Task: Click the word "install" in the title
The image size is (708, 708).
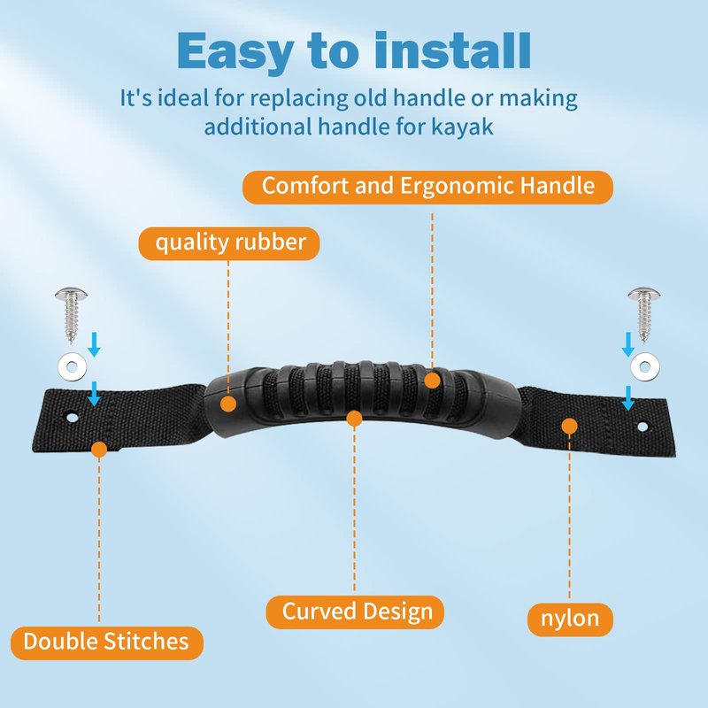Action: click(x=452, y=50)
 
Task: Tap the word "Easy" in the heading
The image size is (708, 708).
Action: click(x=235, y=52)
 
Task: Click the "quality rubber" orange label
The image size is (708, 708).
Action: click(x=229, y=243)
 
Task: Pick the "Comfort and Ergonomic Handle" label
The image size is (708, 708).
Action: click(x=427, y=187)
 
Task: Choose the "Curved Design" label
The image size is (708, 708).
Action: click(x=355, y=612)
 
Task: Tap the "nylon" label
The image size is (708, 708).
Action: click(x=570, y=619)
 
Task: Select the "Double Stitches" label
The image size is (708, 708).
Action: click(x=106, y=643)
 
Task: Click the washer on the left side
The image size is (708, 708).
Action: click(x=73, y=366)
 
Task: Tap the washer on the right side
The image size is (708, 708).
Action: click(x=645, y=366)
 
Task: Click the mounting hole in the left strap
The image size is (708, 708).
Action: click(x=73, y=417)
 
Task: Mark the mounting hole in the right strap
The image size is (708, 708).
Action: click(x=643, y=426)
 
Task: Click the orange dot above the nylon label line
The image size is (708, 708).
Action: click(x=569, y=426)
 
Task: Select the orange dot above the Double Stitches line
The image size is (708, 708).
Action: click(x=99, y=450)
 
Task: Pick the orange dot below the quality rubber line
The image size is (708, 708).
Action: click(x=228, y=404)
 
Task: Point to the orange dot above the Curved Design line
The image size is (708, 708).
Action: click(x=355, y=419)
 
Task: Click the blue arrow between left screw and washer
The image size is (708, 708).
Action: click(x=94, y=344)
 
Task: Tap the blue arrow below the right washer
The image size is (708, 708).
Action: click(x=627, y=398)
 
